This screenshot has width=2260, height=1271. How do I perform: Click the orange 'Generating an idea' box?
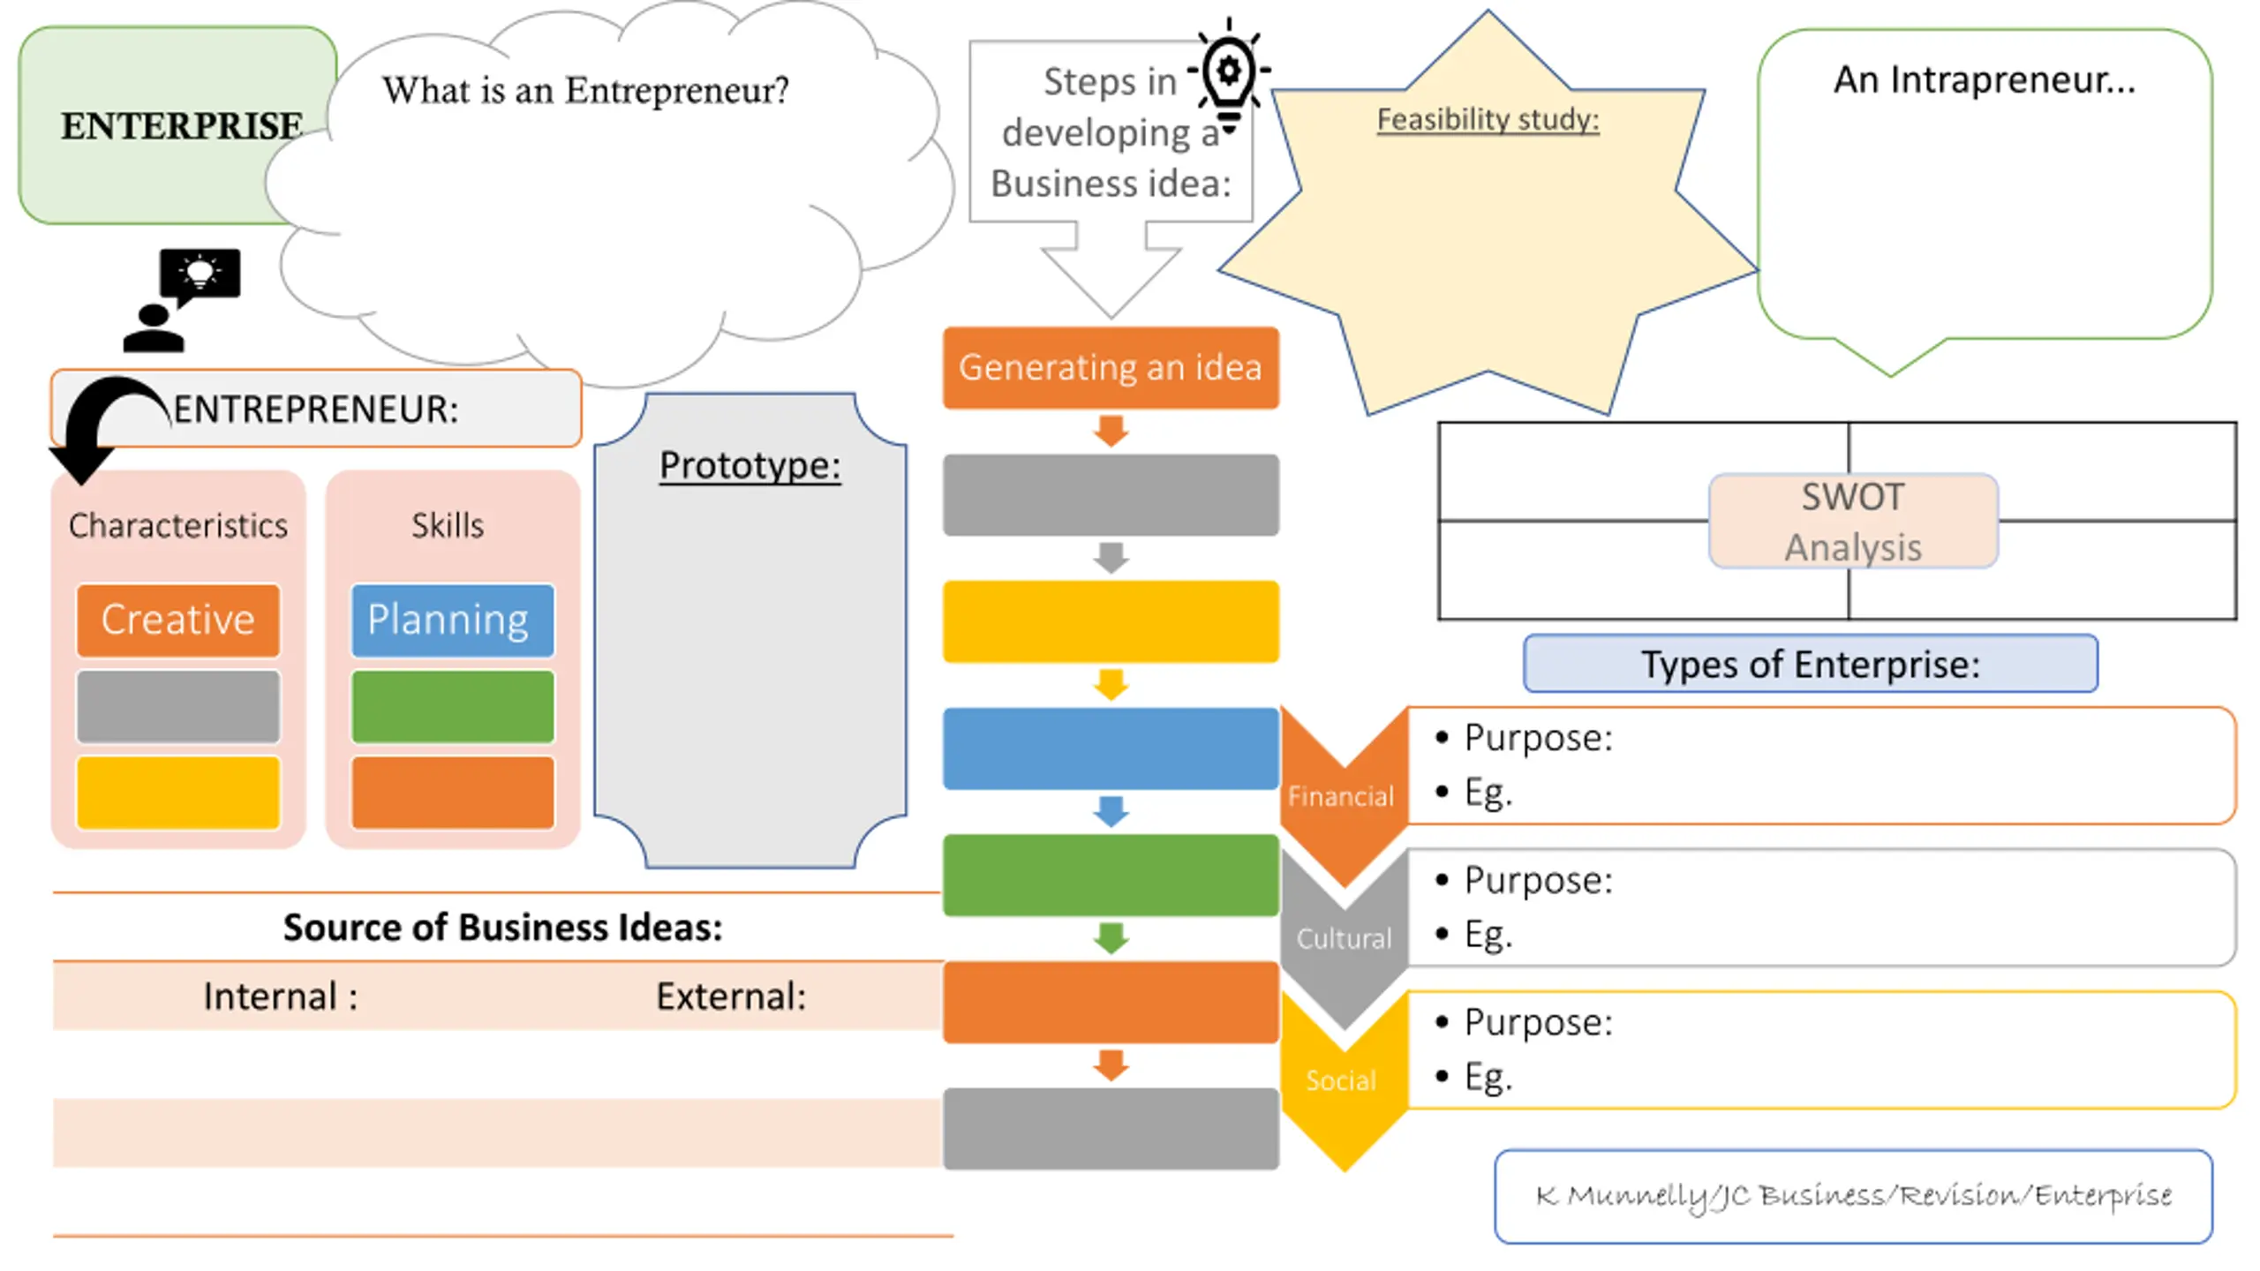(x=1111, y=367)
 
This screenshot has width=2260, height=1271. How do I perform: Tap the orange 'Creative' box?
(x=178, y=620)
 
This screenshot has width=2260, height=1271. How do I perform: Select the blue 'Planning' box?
(x=453, y=620)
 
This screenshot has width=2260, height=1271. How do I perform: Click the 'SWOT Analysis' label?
(x=1853, y=522)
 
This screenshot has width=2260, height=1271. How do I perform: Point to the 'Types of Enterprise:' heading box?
(x=1811, y=664)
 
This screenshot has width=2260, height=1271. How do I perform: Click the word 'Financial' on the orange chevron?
(x=1341, y=796)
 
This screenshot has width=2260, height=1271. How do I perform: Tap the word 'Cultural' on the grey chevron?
(x=1344, y=938)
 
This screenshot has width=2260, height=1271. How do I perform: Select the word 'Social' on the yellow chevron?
(x=1341, y=1080)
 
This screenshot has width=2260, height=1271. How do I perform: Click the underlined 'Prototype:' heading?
(x=750, y=466)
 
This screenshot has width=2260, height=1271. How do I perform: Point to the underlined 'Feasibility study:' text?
(x=1488, y=119)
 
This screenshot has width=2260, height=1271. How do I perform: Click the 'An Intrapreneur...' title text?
(x=1985, y=80)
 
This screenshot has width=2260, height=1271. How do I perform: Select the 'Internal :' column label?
(x=281, y=996)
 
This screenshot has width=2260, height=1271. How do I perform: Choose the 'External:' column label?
(x=731, y=996)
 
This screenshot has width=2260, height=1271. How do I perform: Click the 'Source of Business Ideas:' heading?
(x=503, y=928)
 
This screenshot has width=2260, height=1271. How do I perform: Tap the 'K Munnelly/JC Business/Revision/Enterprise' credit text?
(x=1853, y=1197)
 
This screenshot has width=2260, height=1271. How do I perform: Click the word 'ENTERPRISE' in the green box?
(x=181, y=126)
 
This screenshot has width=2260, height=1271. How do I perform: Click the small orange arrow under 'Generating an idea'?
(x=1111, y=431)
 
